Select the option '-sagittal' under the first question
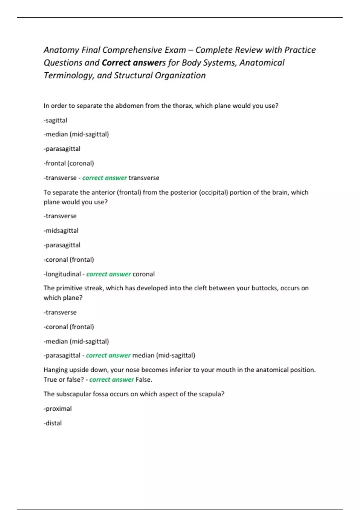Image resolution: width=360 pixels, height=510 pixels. (55, 120)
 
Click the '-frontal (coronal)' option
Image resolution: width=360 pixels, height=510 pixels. (69, 163)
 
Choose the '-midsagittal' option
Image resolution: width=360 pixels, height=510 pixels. (61, 231)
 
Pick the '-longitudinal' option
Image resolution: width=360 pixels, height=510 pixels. (62, 274)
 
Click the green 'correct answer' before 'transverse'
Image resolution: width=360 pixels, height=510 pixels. (104, 178)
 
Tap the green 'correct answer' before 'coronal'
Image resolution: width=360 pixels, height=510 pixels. (109, 274)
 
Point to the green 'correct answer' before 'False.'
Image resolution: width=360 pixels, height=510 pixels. (112, 379)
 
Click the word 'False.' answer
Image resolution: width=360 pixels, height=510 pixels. (144, 379)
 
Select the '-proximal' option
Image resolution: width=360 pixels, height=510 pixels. (58, 409)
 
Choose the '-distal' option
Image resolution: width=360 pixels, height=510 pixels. (53, 423)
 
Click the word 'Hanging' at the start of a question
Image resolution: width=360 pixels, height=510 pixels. (55, 370)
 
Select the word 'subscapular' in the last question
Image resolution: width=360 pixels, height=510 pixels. (74, 394)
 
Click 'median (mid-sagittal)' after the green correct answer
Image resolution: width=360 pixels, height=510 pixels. (163, 355)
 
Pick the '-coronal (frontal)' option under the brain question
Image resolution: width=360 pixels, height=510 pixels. (69, 260)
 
